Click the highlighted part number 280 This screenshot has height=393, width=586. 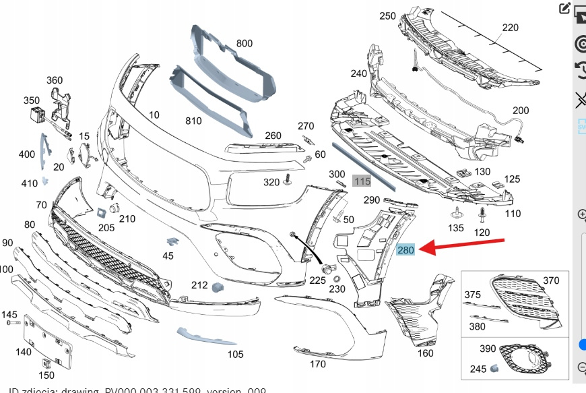(x=406, y=250)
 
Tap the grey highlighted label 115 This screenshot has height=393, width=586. (x=362, y=181)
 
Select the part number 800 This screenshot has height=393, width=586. (x=244, y=44)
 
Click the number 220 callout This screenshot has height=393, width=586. (x=511, y=28)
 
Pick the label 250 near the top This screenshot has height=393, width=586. (x=387, y=16)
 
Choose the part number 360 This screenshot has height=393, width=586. (x=55, y=80)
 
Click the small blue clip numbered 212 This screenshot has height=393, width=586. (x=217, y=288)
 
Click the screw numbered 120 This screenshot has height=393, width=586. (x=483, y=215)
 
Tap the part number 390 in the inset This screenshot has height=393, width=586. (x=488, y=349)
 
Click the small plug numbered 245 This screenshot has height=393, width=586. (x=494, y=368)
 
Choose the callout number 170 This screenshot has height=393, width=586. (x=318, y=364)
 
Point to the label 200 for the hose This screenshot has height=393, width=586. (x=521, y=111)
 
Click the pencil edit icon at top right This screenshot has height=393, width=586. (x=564, y=9)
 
